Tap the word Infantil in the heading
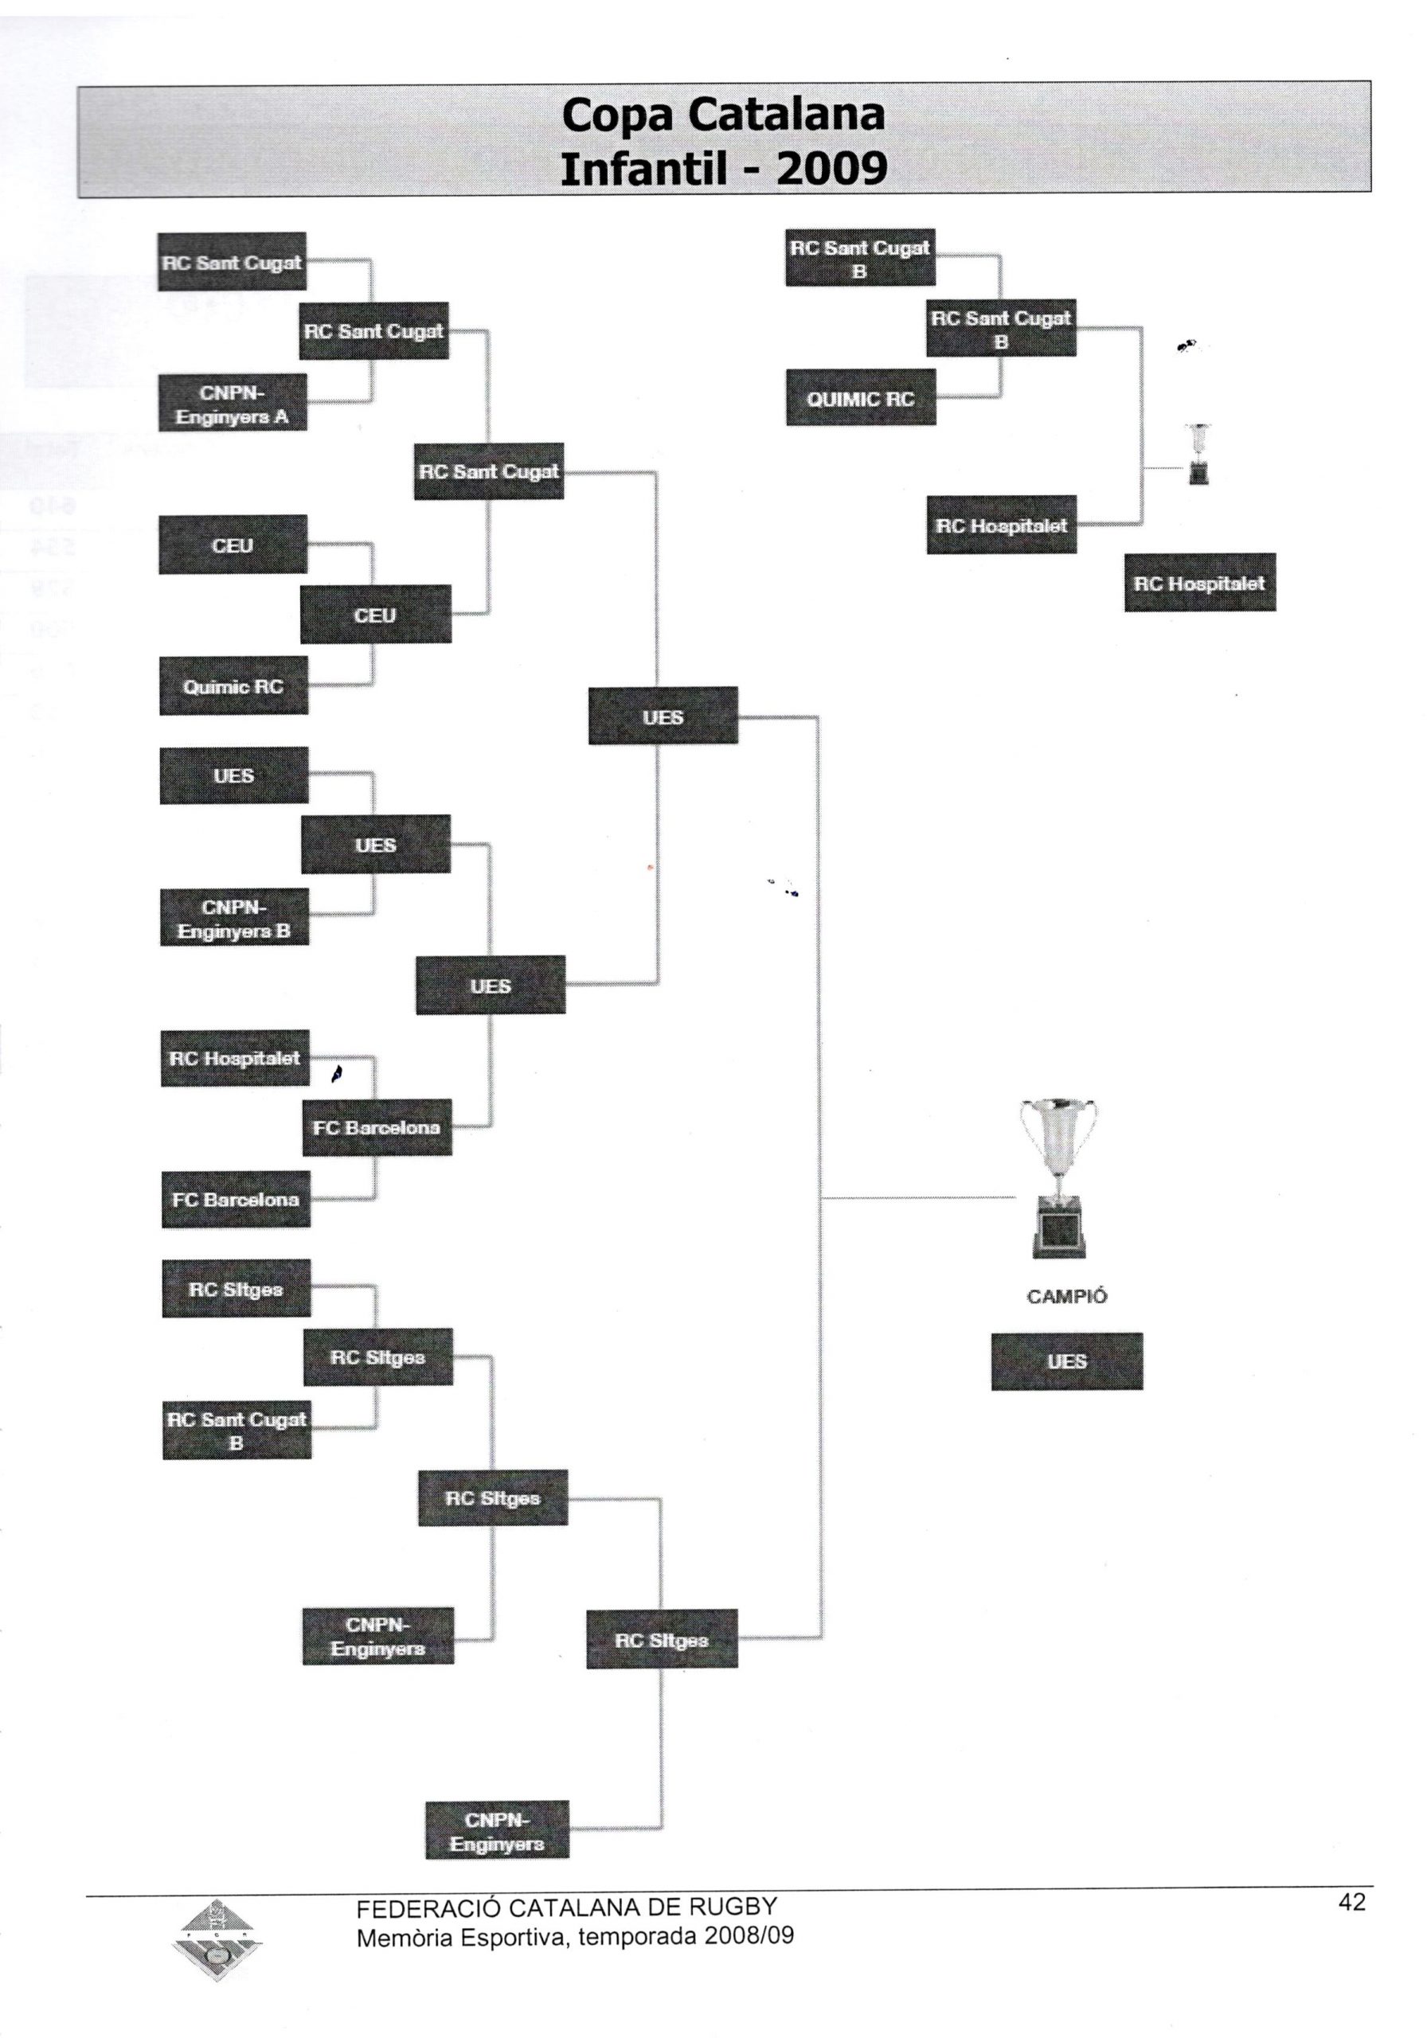(646, 166)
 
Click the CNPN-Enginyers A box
(233, 404)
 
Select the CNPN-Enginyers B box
(234, 918)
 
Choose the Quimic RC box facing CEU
(233, 686)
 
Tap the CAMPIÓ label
(1065, 1297)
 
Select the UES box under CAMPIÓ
(1066, 1361)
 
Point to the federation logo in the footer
(216, 1941)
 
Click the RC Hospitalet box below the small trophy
(1200, 584)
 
